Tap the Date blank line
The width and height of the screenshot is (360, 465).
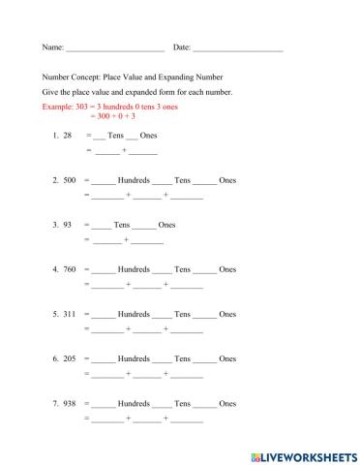coord(238,47)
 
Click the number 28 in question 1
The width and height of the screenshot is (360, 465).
coord(67,136)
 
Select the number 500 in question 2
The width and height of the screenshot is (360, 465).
coord(70,180)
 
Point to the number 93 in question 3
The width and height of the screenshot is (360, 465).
coord(68,225)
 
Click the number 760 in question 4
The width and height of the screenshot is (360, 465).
coord(70,269)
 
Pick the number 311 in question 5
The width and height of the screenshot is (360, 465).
coord(70,314)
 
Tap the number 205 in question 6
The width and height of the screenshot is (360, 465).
coord(70,358)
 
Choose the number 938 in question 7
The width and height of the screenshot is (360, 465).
coord(70,403)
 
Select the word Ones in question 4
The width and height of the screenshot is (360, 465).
coord(227,269)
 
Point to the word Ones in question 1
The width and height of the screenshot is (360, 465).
coord(148,136)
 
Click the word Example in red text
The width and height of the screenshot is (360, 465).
coord(59,106)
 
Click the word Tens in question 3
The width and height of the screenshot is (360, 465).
coord(121,225)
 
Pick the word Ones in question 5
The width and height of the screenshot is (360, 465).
coord(227,314)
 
